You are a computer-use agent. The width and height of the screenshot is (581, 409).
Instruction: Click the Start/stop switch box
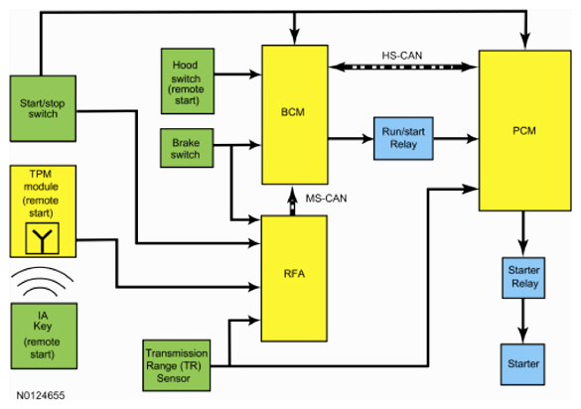point(43,108)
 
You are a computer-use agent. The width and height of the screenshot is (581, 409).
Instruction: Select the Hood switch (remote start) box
point(188,81)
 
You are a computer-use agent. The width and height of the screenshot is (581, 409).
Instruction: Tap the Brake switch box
point(187,148)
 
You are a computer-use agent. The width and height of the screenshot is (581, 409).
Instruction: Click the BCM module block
point(295,115)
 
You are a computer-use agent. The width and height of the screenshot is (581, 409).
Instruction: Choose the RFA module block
point(294,279)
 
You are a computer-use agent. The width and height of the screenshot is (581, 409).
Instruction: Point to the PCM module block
point(525,131)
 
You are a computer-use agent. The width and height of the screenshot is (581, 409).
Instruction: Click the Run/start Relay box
point(403,139)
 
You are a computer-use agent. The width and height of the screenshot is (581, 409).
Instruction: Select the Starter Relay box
point(523,278)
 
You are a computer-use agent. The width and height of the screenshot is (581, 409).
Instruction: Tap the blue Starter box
point(522,364)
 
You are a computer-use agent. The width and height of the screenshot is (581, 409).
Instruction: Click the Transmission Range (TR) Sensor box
point(177,365)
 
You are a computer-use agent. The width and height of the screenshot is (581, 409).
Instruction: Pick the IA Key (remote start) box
point(44,336)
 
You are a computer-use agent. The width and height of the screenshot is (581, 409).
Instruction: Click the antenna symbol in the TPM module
point(43,238)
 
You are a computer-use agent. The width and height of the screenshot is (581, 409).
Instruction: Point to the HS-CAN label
point(402,56)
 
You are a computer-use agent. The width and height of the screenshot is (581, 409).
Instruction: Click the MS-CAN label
point(326,199)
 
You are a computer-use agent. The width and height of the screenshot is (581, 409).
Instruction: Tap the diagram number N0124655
point(41,395)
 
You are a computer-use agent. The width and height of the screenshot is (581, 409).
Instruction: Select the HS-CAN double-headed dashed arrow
point(403,68)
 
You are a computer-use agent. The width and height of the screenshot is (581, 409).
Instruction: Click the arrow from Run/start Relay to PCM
point(456,139)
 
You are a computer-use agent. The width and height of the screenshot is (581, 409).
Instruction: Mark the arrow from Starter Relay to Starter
point(522,321)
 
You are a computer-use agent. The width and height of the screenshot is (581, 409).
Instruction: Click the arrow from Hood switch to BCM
point(238,74)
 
